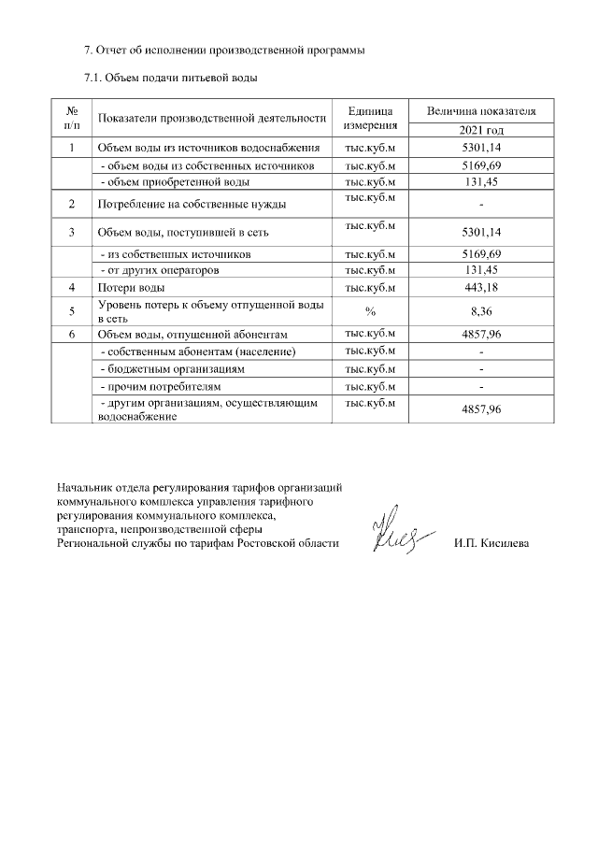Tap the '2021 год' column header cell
point(479,131)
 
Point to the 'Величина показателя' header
point(480,110)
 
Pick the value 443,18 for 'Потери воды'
point(479,288)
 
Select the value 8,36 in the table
point(479,311)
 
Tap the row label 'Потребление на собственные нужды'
point(192,204)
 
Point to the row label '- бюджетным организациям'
point(173,369)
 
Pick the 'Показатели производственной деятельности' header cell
point(211,118)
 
